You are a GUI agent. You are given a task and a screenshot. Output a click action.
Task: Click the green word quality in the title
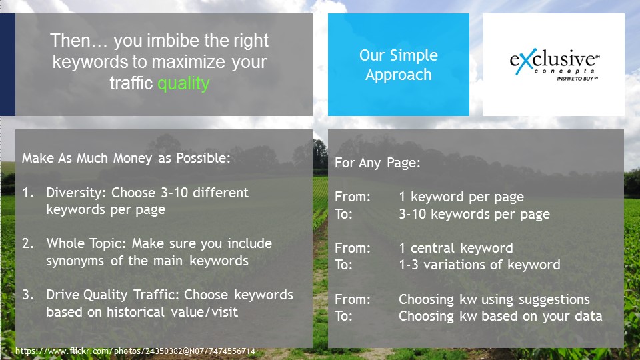click(184, 84)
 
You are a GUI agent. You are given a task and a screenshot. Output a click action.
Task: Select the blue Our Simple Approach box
click(399, 65)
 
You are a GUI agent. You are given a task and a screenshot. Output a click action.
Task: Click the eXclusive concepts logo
click(554, 64)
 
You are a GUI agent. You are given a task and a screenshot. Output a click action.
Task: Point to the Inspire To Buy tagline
click(577, 79)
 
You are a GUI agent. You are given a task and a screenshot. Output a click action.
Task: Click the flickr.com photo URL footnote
click(135, 351)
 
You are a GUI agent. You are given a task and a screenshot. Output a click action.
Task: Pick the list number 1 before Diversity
click(28, 193)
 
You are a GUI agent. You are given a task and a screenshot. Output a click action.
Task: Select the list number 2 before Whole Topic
click(28, 243)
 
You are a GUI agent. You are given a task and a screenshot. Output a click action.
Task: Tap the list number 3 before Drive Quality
click(28, 295)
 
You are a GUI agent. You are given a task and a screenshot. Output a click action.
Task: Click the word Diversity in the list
click(77, 193)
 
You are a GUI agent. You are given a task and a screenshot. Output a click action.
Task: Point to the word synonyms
click(75, 261)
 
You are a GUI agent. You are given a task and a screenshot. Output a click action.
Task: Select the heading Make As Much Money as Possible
click(126, 158)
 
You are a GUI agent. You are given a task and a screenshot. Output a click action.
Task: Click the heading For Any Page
click(377, 163)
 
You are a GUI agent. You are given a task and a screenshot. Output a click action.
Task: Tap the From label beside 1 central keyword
click(353, 248)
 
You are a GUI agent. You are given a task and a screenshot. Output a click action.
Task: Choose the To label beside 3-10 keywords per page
click(344, 214)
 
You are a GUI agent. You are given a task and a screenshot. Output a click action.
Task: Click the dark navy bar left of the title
click(7, 65)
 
